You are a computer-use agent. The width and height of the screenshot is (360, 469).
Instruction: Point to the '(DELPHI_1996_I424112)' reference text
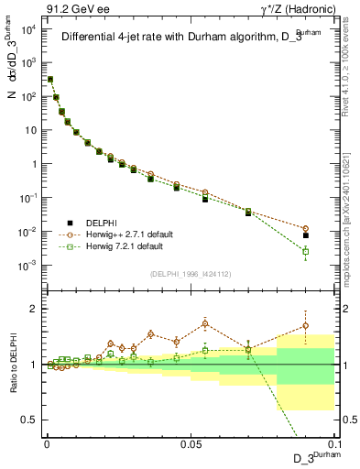point(188,272)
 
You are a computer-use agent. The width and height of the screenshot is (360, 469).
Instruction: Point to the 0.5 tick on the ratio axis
point(31,420)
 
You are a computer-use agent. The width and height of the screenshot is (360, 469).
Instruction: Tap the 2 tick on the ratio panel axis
point(35,309)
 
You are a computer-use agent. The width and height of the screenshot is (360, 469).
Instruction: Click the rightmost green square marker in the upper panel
point(306,251)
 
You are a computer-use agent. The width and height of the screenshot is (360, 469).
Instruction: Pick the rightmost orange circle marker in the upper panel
point(306,228)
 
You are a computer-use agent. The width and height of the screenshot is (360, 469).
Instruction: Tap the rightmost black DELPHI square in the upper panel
point(306,235)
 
